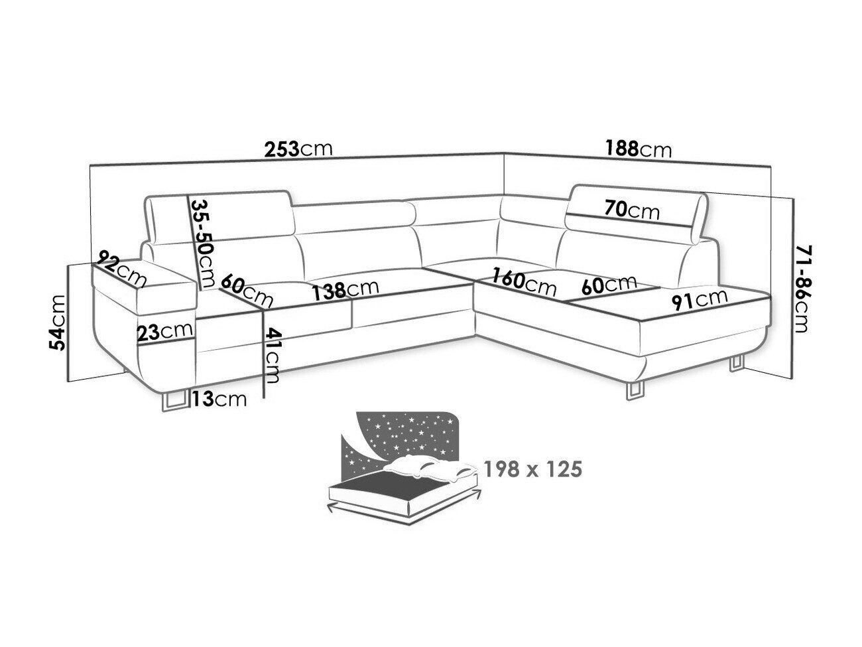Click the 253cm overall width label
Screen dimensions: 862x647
[299, 149]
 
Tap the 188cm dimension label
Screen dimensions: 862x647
[638, 149]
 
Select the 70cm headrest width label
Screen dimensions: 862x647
[632, 210]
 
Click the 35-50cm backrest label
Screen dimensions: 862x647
[204, 243]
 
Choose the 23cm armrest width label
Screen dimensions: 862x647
[164, 332]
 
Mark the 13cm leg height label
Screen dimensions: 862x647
[219, 399]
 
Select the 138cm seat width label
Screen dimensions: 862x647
[345, 290]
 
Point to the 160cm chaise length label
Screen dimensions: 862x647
[524, 282]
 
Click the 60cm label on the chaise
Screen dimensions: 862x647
[609, 285]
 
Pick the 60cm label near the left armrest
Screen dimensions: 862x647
[247, 291]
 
